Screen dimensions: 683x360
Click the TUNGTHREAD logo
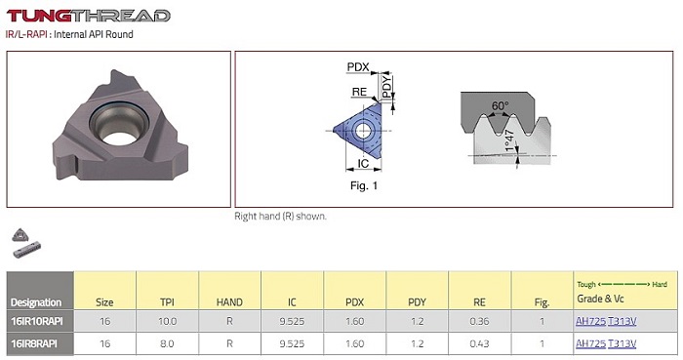tap(88, 16)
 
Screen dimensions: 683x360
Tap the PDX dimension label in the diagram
tap(358, 67)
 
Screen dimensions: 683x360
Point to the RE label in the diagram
tap(359, 92)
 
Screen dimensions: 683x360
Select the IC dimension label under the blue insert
tap(363, 163)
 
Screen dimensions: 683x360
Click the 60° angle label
tap(500, 105)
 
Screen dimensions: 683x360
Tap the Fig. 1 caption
tap(364, 186)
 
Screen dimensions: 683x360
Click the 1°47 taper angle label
tap(510, 140)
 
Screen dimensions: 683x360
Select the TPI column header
tap(167, 302)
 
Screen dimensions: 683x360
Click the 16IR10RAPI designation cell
tap(37, 321)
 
